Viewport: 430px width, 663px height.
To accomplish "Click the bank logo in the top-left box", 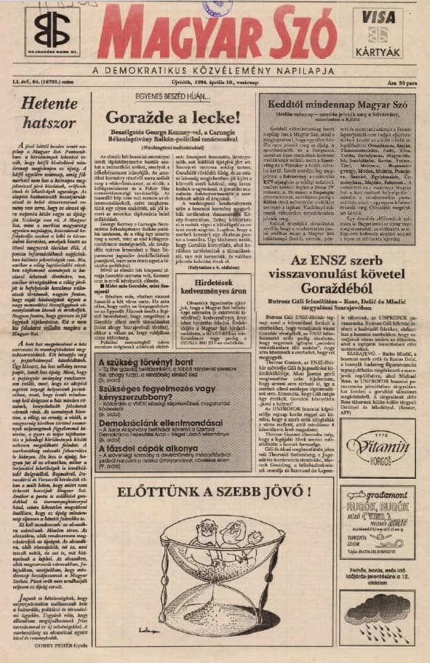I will (x=52, y=29).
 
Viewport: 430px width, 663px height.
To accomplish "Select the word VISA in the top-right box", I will (x=378, y=16).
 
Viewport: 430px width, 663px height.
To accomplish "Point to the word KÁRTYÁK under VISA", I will (x=378, y=52).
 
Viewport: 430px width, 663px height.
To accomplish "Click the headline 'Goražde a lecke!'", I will (x=171, y=116).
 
